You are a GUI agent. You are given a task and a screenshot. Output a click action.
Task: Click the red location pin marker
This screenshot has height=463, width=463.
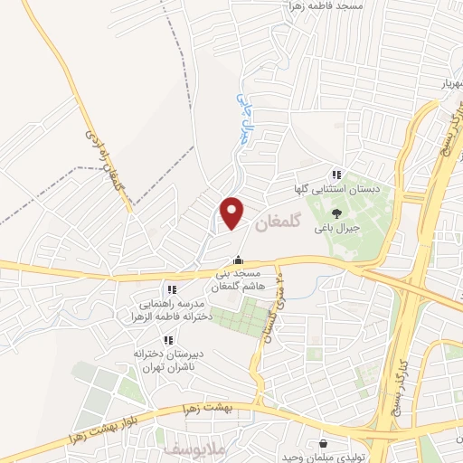(x=233, y=213)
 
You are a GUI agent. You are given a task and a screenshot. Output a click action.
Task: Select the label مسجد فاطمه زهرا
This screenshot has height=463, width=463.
(x=326, y=7)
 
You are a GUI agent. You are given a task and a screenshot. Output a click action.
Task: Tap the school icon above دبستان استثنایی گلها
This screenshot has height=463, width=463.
(x=335, y=175)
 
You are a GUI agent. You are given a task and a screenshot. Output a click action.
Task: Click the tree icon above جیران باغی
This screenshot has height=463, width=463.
(x=335, y=213)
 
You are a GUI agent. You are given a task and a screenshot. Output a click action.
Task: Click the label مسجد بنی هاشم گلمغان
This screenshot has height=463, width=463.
(x=236, y=279)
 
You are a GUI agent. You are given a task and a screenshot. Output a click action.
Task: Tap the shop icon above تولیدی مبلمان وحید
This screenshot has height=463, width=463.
(x=324, y=443)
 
